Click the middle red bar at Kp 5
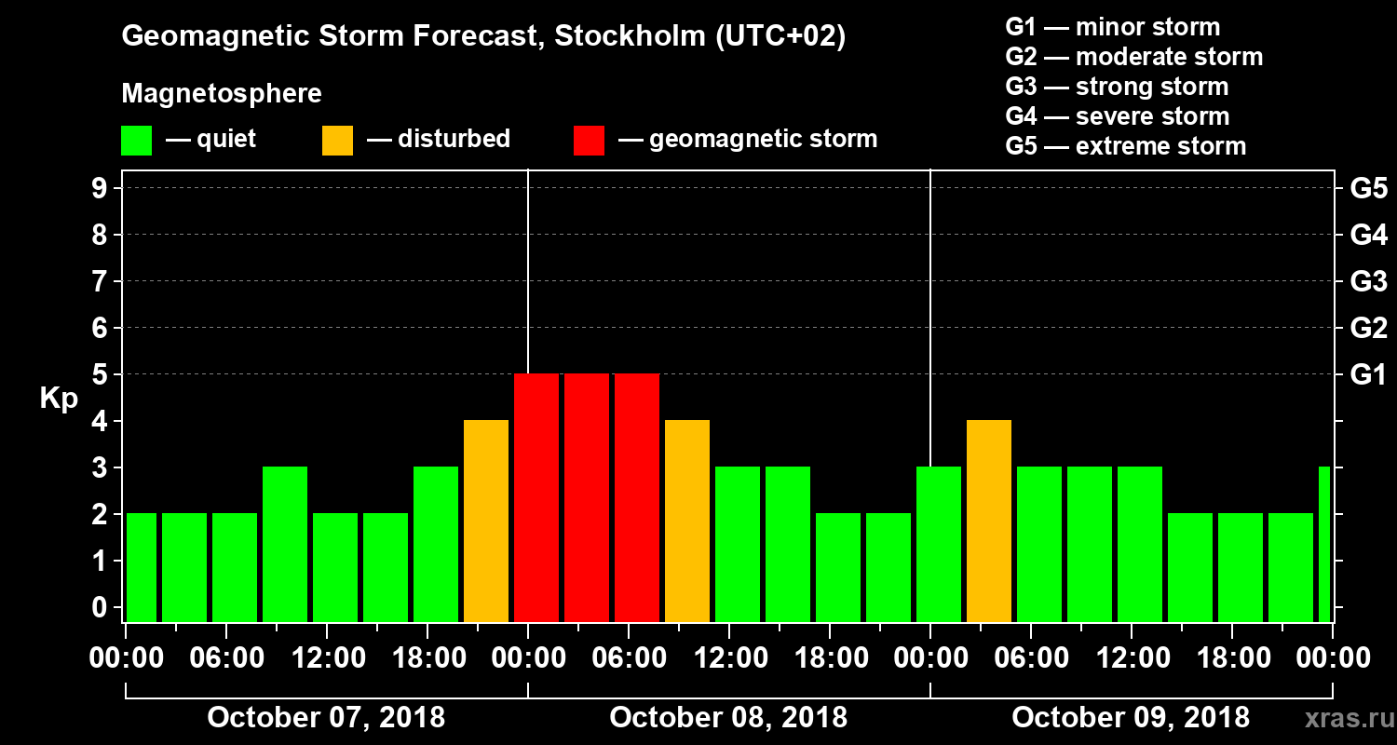tap(587, 497)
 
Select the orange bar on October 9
tap(989, 521)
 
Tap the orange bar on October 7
tap(486, 521)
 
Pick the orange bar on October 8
tap(687, 521)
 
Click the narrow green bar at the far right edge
tap(1324, 544)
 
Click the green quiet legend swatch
tap(136, 141)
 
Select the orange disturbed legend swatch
tap(337, 141)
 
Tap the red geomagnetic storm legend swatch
tap(589, 141)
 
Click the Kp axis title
tap(59, 399)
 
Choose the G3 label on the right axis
tap(1368, 282)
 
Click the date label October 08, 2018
tap(728, 717)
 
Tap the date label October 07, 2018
tap(326, 717)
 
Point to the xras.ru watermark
tap(1344, 719)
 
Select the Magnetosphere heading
tap(222, 94)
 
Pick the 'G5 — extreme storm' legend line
tap(1125, 146)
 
